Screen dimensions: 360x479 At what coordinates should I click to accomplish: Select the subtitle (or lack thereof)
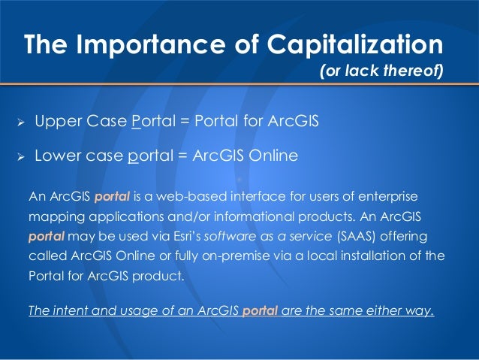381,73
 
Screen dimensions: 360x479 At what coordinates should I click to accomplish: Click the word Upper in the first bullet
56,122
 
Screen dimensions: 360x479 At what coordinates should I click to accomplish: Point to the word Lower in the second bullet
57,156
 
